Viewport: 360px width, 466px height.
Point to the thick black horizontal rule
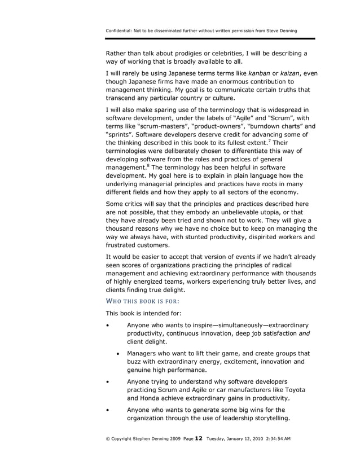coord(210,39)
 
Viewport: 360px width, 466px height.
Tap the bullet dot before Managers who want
coord(117,354)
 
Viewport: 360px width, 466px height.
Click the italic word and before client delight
coord(305,333)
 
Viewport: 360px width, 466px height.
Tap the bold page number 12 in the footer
coord(198,438)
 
